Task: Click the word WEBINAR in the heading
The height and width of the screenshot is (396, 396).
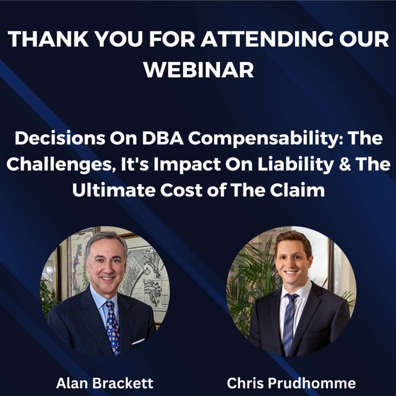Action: pyautogui.click(x=198, y=70)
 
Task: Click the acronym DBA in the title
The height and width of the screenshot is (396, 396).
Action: pyautogui.click(x=163, y=138)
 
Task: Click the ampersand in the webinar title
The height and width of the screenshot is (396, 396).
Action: pyautogui.click(x=345, y=164)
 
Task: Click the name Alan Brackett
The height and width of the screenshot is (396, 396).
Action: pyautogui.click(x=104, y=383)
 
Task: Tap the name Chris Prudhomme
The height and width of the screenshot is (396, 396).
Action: pyautogui.click(x=291, y=383)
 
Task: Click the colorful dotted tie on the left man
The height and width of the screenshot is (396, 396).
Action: pyautogui.click(x=113, y=327)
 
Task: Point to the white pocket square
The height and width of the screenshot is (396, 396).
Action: pyautogui.click(x=138, y=341)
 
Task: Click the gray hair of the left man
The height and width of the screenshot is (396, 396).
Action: pyautogui.click(x=106, y=241)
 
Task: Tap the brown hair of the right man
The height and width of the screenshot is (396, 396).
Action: pyautogui.click(x=294, y=241)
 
